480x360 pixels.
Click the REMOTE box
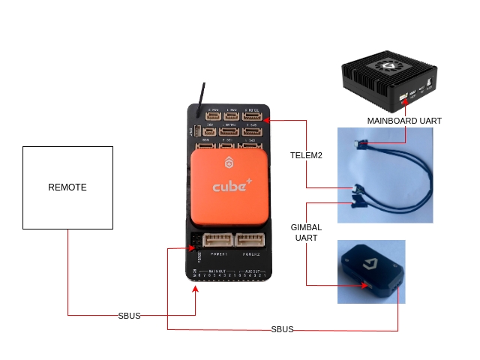click(67, 187)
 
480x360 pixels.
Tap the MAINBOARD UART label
click(404, 121)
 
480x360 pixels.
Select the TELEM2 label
click(306, 156)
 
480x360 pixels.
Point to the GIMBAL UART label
click(306, 232)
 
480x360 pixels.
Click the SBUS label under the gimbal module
click(282, 330)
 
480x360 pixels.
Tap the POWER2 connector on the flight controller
click(250, 240)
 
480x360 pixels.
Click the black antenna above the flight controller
click(202, 97)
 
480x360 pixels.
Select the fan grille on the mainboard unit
click(389, 68)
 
